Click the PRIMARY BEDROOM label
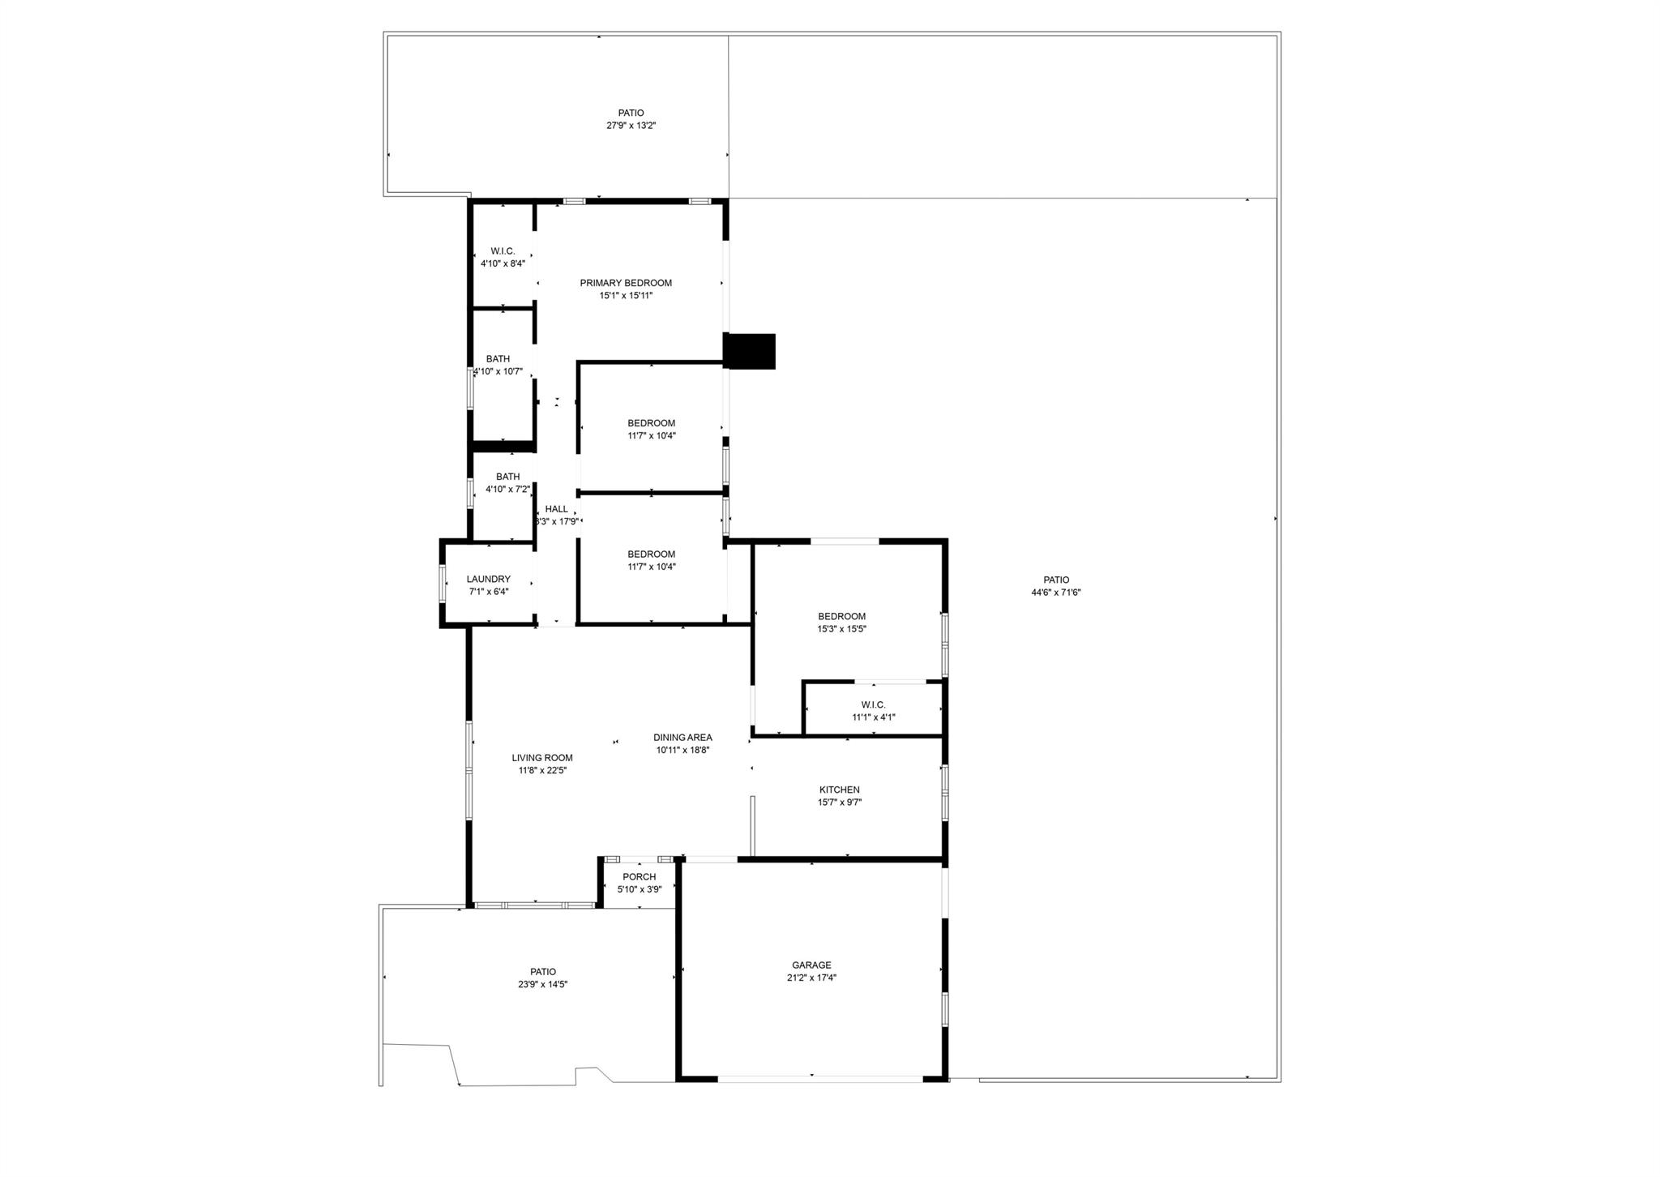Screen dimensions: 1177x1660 [x=626, y=283]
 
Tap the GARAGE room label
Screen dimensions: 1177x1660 [x=811, y=965]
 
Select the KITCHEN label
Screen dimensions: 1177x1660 [x=840, y=790]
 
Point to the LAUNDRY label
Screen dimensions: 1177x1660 [x=489, y=579]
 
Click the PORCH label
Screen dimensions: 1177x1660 [x=640, y=877]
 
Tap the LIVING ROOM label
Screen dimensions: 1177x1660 [x=542, y=758]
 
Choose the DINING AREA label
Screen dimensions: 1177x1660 [x=682, y=738]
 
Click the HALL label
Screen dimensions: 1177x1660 [x=557, y=509]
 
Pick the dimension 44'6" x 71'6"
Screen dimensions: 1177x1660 [x=1056, y=593]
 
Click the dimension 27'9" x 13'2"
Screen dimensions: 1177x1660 [x=631, y=126]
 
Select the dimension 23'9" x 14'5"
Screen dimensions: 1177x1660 [x=543, y=984]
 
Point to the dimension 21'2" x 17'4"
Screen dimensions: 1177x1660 [x=811, y=978]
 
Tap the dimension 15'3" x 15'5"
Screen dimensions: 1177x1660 [x=841, y=629]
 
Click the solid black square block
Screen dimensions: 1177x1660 [x=750, y=351]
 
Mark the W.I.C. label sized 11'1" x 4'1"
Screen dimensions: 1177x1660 [x=873, y=704]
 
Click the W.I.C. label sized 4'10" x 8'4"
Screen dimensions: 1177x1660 [x=503, y=251]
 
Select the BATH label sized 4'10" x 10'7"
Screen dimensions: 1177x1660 [x=498, y=359]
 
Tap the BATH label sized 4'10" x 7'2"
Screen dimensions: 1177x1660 [x=508, y=477]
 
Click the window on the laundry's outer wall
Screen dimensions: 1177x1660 [x=443, y=583]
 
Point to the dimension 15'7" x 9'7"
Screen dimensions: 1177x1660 [x=840, y=802]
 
